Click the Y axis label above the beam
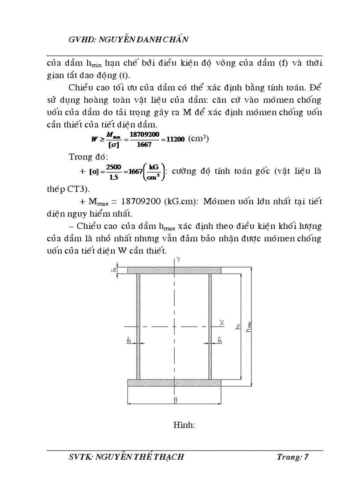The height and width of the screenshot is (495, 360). click(178, 261)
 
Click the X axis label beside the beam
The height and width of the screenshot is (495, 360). click(221, 323)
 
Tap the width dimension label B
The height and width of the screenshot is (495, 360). click(175, 400)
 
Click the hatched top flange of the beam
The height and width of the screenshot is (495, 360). click(174, 270)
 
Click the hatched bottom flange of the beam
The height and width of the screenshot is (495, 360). click(174, 383)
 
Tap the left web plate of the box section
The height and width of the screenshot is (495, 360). click(138, 326)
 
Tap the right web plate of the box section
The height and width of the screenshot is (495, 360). click(210, 326)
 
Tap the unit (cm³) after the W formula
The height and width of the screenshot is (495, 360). click(198, 138)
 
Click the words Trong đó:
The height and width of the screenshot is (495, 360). click(86, 157)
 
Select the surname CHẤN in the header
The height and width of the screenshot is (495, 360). click(176, 40)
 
